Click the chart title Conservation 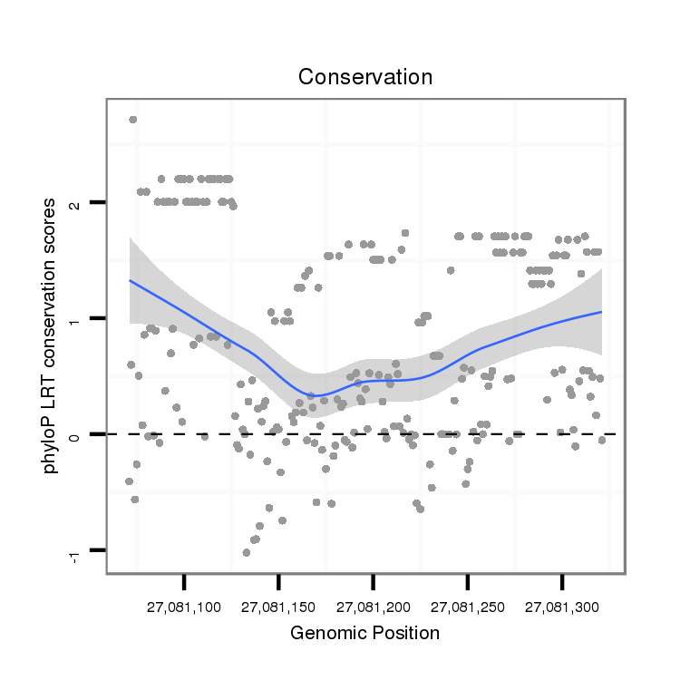(x=365, y=77)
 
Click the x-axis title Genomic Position (x=364, y=633)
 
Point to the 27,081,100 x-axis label (x=184, y=606)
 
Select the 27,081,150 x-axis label (x=278, y=606)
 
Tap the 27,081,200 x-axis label (x=374, y=606)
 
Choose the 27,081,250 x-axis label (x=468, y=606)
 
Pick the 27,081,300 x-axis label (x=562, y=606)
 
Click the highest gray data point (x=132, y=119)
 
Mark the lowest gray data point (x=246, y=552)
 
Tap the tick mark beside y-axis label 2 (x=99, y=202)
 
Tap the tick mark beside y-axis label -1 (x=99, y=550)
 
